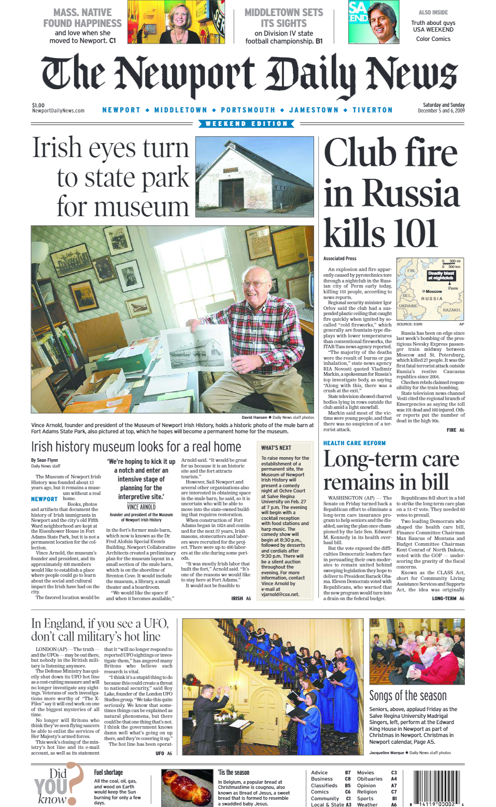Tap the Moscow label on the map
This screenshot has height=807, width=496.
(434, 291)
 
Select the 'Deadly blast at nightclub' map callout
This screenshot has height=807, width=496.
(441, 276)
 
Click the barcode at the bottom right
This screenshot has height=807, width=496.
(437, 788)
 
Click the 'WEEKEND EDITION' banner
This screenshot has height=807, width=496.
(247, 124)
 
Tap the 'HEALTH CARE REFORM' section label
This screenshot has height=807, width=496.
(355, 443)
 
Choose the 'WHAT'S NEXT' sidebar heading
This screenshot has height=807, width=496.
(276, 448)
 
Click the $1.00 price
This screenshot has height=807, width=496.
(38, 105)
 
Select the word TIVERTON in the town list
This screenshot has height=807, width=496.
(373, 110)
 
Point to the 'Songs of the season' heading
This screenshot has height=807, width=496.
(408, 696)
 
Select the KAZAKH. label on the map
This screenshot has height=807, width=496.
(451, 310)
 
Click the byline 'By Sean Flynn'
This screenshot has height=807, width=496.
(45, 460)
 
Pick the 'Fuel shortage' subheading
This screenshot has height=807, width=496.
(108, 772)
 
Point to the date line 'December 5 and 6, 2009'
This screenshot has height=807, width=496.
(441, 111)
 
